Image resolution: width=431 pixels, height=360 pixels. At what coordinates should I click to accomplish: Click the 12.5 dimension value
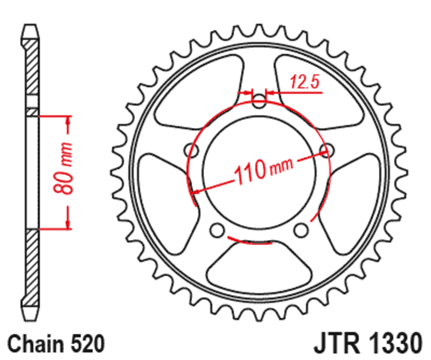coord(305,82)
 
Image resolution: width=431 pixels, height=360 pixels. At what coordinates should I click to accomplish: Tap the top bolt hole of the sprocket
coord(260,101)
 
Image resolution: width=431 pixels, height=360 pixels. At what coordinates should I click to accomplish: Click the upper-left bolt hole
coord(190,149)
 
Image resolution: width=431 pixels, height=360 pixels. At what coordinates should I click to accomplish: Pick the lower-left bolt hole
coord(217,230)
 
